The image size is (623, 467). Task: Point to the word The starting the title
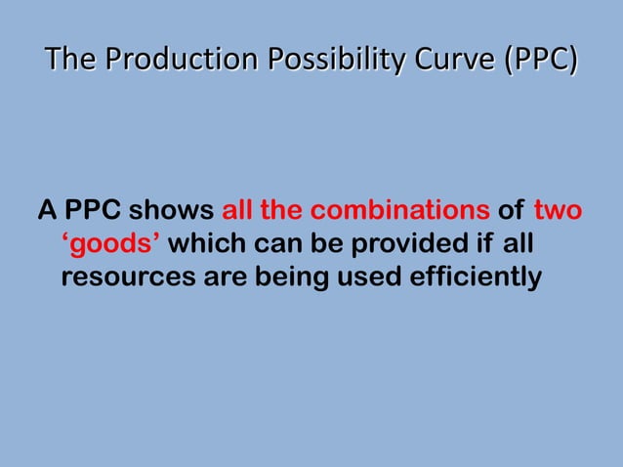click(x=71, y=61)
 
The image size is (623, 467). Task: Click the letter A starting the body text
click(x=46, y=211)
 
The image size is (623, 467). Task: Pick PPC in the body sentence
click(x=93, y=211)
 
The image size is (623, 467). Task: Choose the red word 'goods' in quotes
click(x=104, y=244)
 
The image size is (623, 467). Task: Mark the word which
click(x=203, y=244)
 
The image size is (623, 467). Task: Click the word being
click(x=290, y=277)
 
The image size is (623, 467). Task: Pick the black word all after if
click(x=518, y=244)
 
